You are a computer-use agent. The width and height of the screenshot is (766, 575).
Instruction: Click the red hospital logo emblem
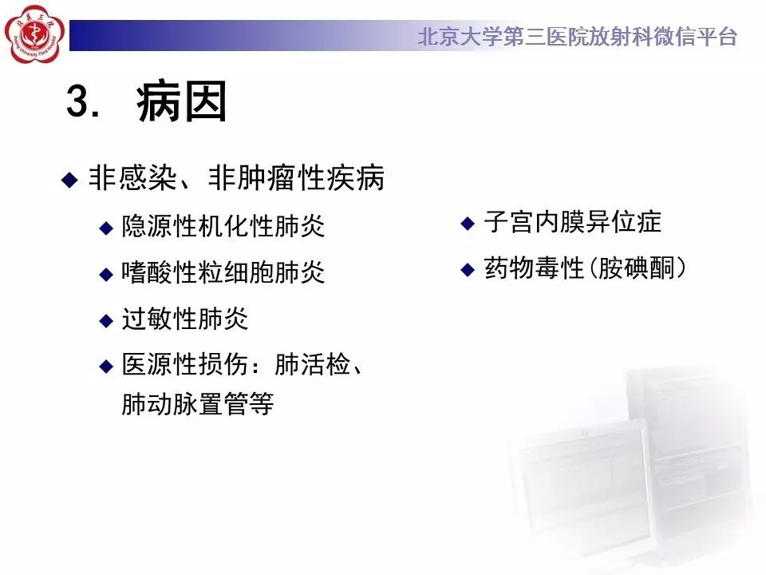click(34, 34)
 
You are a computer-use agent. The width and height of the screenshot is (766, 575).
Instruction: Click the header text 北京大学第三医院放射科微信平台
click(578, 37)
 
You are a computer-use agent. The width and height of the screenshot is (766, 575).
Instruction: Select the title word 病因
click(181, 101)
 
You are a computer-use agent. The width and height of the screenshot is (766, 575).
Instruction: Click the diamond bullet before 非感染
click(69, 180)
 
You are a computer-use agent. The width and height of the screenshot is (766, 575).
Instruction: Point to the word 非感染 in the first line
click(132, 177)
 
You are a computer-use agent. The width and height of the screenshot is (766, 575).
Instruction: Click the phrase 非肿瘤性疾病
click(297, 177)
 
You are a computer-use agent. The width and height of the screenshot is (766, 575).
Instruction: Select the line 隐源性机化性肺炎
click(223, 226)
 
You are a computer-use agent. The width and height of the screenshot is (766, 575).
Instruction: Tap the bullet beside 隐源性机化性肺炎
click(106, 228)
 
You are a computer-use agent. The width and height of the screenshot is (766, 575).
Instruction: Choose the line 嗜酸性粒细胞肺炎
click(223, 272)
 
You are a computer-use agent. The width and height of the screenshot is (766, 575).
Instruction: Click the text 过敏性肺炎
click(185, 319)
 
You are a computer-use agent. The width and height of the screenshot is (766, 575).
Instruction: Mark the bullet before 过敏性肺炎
click(106, 321)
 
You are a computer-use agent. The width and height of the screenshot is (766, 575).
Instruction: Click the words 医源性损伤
click(185, 365)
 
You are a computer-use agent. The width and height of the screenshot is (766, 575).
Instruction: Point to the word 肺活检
click(313, 365)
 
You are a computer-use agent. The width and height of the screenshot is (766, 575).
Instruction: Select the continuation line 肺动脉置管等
click(198, 404)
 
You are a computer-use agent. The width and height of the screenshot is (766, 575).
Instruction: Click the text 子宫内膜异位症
click(573, 222)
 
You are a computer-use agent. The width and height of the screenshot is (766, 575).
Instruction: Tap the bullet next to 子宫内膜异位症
click(468, 224)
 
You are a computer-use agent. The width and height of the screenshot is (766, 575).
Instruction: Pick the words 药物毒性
click(535, 268)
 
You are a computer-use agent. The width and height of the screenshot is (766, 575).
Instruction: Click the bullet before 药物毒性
click(468, 269)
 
